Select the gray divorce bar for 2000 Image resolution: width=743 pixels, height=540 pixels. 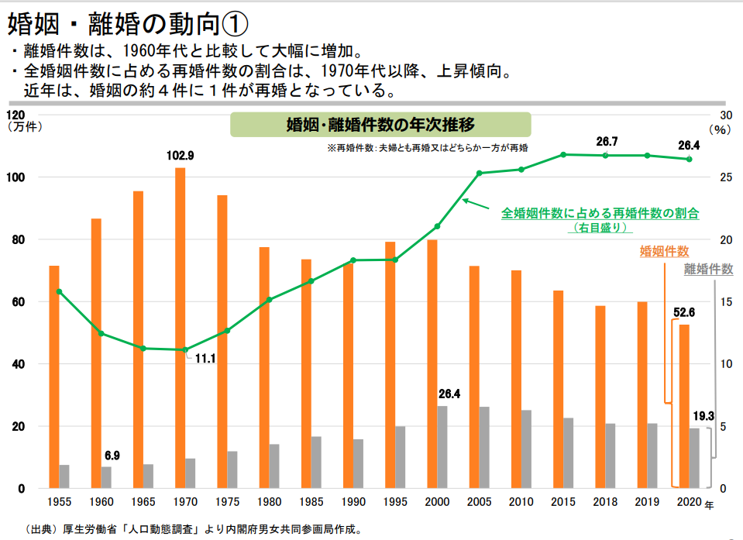coord(442,447)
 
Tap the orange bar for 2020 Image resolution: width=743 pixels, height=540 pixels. coord(683,406)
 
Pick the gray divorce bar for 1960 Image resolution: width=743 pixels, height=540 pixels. coord(106,477)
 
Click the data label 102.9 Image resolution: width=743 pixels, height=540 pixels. coord(180,155)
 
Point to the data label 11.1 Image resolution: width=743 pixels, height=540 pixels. coord(205,359)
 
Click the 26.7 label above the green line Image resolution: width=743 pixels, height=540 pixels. coord(607,142)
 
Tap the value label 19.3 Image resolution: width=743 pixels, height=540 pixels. coord(703,416)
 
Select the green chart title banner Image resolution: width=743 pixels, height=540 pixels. coord(380,125)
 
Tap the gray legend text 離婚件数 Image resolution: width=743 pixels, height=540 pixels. coord(708,269)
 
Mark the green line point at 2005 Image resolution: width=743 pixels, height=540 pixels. coord(479,173)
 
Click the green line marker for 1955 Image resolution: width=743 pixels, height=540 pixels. coord(59,291)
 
